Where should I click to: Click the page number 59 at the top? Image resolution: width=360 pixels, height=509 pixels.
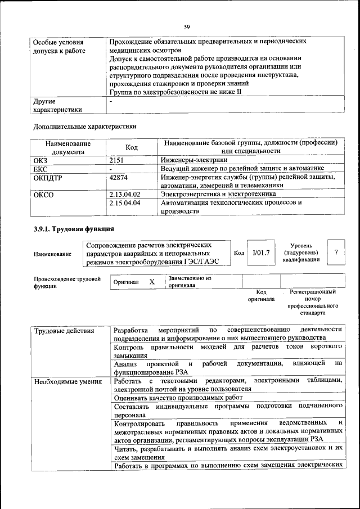click(x=187, y=26)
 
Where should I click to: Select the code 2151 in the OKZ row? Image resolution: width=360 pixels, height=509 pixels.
click(x=117, y=160)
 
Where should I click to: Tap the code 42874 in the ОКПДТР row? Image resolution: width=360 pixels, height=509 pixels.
click(x=119, y=177)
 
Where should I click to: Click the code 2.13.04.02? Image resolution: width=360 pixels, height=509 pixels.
click(x=124, y=194)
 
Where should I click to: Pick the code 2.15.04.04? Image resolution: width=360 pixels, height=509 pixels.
click(x=124, y=202)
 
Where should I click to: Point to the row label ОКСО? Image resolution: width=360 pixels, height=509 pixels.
click(x=44, y=195)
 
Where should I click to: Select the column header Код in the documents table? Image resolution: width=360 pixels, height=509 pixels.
click(x=132, y=147)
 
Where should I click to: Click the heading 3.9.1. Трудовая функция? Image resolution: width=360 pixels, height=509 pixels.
click(x=74, y=229)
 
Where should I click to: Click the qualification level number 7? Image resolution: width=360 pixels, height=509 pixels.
click(x=336, y=253)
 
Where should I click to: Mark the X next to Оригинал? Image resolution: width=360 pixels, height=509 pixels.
click(x=152, y=281)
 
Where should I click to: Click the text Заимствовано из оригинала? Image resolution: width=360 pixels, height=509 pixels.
click(x=189, y=281)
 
